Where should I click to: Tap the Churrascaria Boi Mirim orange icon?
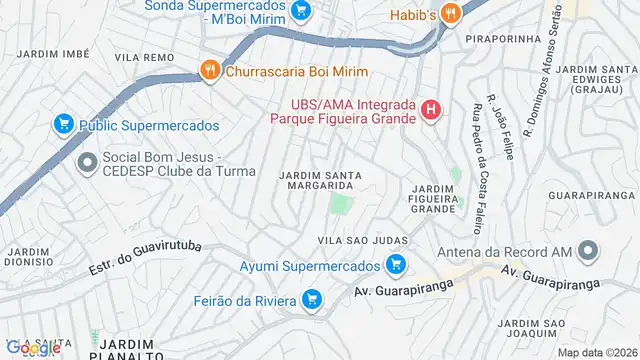[x=209, y=71]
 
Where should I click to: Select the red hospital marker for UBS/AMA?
[x=431, y=110]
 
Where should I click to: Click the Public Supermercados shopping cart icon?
[x=63, y=125]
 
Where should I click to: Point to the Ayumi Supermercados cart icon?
[x=395, y=265]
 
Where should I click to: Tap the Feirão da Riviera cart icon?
[x=312, y=299]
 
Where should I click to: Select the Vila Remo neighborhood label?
[x=139, y=58]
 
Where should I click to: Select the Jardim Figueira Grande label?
[x=434, y=198]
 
